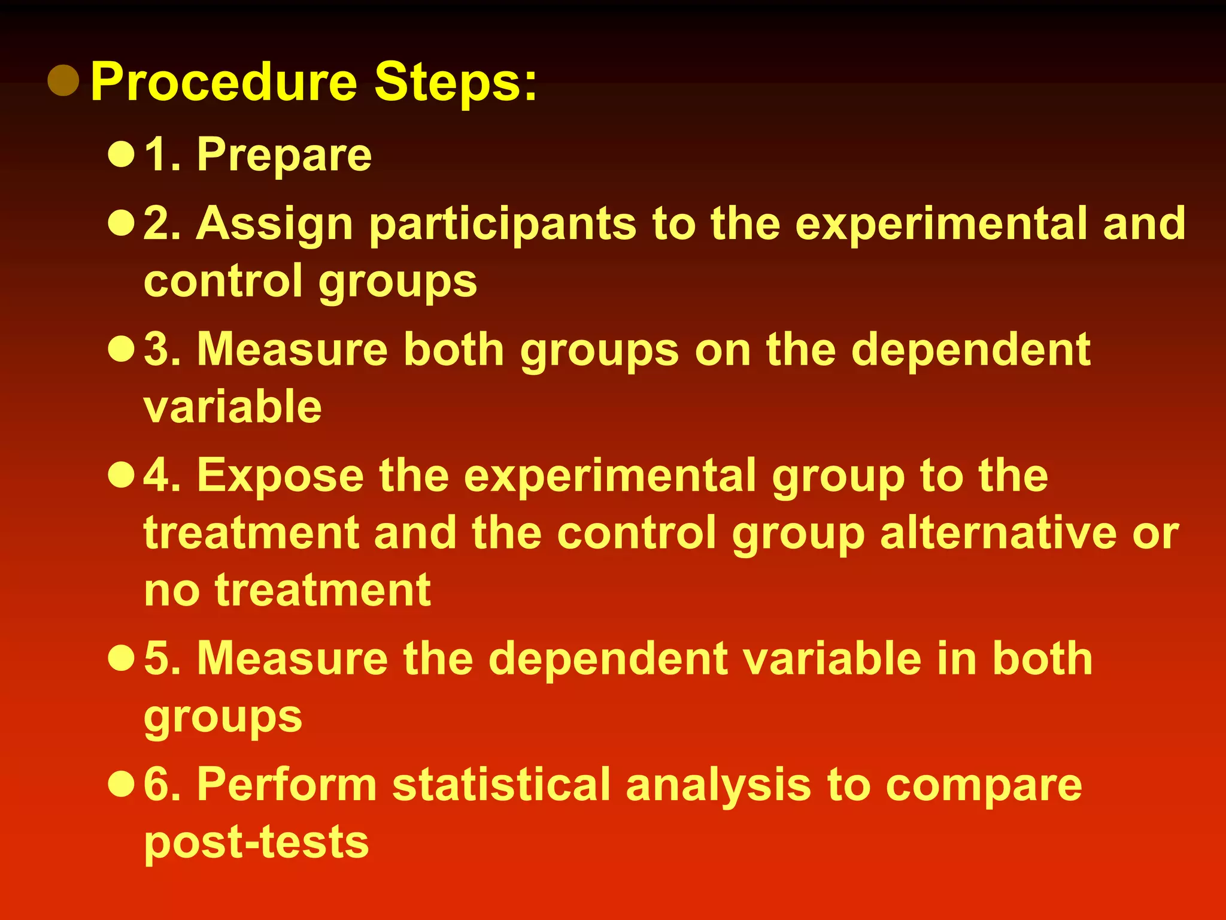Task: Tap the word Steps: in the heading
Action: (456, 83)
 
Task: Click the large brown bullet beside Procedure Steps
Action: (63, 80)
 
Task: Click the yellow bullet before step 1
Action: (121, 154)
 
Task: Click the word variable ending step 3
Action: (233, 407)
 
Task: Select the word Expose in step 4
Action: (280, 476)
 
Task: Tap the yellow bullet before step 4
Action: (121, 475)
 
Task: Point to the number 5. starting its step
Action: (162, 658)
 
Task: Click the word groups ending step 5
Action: (223, 717)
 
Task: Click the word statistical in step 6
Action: (502, 784)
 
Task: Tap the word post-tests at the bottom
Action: (256, 842)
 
